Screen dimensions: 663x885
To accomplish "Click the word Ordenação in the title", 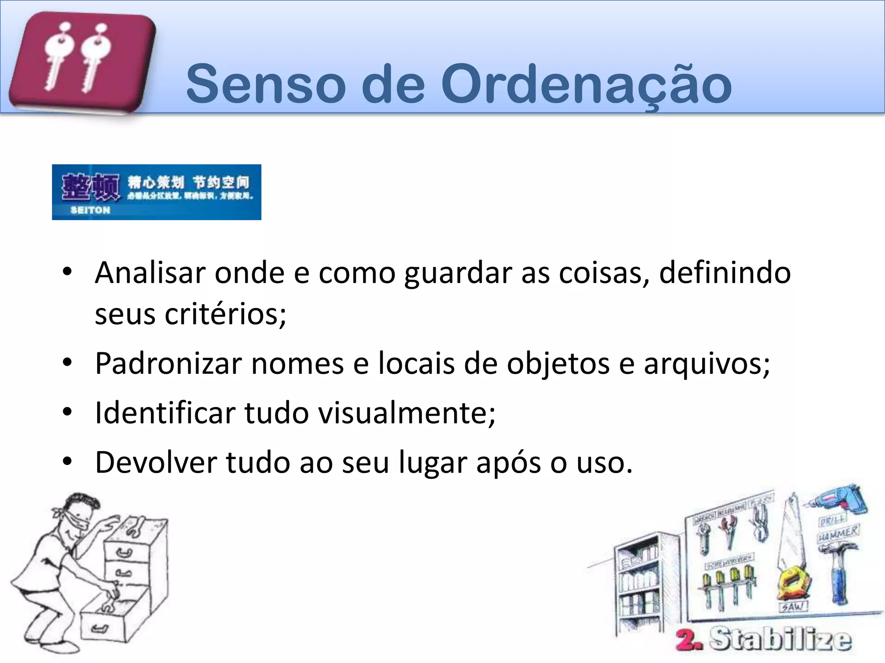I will click(586, 84).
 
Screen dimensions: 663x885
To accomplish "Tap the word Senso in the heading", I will click(266, 84).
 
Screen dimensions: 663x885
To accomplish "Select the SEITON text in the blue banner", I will click(90, 210).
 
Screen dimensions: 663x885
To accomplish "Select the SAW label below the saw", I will click(793, 607).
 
